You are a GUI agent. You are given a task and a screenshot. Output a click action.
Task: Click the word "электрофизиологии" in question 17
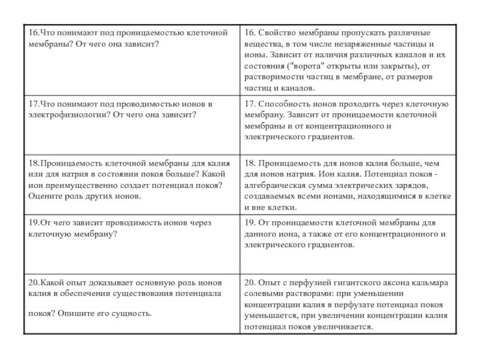coord(64,115)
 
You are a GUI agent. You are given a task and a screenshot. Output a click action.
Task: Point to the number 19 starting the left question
coord(33,222)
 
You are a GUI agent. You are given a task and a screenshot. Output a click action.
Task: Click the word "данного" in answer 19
coord(259,233)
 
